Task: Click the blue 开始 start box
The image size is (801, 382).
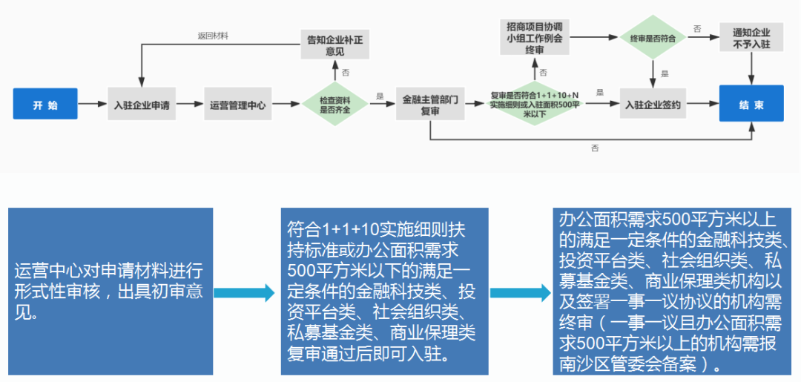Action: pos(45,105)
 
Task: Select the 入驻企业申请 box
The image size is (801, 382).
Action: pos(142,105)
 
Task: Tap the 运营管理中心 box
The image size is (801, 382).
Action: pos(238,105)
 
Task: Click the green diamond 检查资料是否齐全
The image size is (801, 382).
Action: pos(334,105)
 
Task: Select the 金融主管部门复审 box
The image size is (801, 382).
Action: pos(431,105)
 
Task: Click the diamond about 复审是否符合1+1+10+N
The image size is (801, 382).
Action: pos(534,105)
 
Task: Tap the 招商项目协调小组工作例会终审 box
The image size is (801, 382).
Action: pos(534,37)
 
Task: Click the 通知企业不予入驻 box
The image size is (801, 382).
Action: pos(751,37)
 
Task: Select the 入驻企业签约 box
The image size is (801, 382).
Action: pos(653,105)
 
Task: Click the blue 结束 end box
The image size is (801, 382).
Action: pos(751,105)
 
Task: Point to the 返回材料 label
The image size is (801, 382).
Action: pos(213,36)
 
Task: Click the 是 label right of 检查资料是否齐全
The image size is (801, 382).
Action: pos(380,96)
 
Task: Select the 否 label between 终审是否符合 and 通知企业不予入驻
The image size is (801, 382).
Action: pos(697,28)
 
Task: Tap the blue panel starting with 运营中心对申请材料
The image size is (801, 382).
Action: pos(111,291)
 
